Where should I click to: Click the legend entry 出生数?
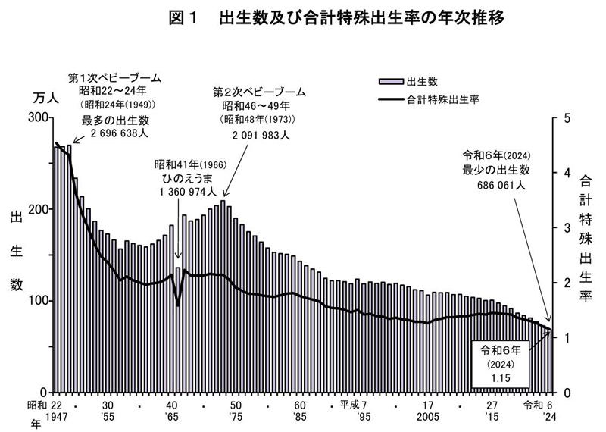coord(420,80)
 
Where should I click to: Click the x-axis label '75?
coord(236,417)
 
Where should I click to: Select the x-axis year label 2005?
coord(428,417)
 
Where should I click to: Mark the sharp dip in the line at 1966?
coord(178,305)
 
